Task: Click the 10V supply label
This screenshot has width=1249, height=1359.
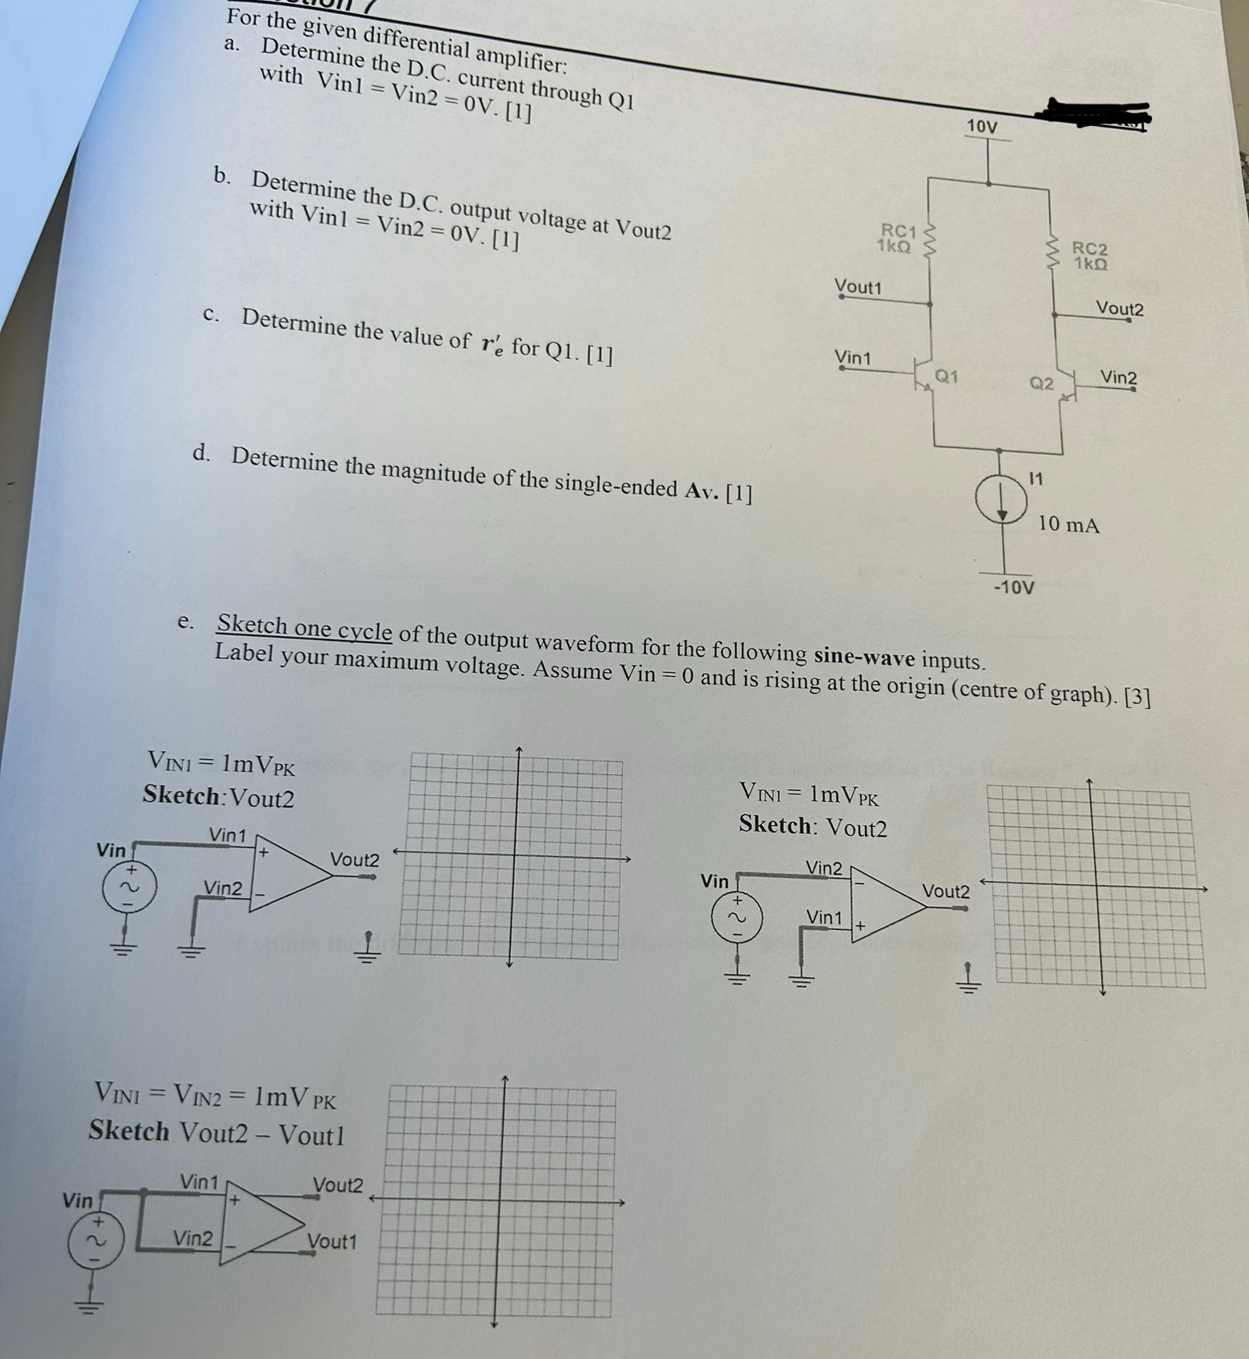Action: click(x=981, y=126)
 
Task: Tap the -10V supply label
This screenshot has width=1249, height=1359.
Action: click(x=1013, y=587)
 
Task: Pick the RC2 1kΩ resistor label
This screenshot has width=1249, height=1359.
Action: click(x=1090, y=256)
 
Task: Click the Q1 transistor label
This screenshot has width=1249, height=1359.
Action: click(x=946, y=376)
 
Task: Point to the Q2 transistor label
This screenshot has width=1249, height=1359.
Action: click(x=1041, y=383)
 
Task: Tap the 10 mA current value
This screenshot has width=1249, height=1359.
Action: click(x=1068, y=524)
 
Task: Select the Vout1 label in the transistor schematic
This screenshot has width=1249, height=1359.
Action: click(x=858, y=287)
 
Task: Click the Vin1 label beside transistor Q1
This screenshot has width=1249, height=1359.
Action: click(x=852, y=358)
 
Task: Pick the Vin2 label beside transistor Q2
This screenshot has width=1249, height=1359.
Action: click(x=1118, y=378)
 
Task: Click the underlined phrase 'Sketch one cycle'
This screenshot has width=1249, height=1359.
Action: click(x=304, y=627)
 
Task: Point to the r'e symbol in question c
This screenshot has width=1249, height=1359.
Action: click(x=491, y=342)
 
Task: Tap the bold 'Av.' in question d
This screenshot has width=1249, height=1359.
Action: click(x=702, y=491)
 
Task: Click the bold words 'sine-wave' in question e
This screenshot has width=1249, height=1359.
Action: click(x=865, y=655)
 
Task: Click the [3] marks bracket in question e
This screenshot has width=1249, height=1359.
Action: click(x=1136, y=697)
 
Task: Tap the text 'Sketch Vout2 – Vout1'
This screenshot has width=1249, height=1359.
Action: click(x=216, y=1132)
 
